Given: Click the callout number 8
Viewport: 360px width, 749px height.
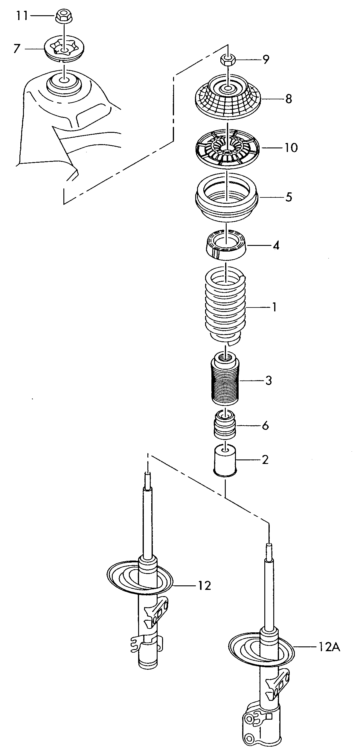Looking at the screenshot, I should [288, 99].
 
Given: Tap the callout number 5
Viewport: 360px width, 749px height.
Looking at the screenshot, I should [289, 197].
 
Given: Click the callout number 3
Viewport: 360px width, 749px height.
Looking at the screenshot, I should [268, 381].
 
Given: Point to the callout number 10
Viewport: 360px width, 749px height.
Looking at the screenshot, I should [290, 147].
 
